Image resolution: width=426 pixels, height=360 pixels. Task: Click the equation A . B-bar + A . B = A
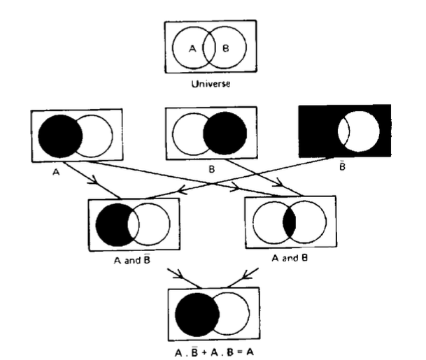210,348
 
